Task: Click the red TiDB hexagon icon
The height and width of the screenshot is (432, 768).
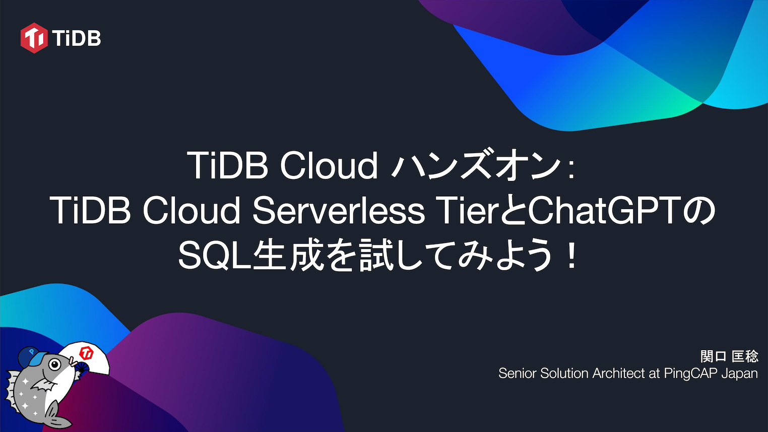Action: point(34,38)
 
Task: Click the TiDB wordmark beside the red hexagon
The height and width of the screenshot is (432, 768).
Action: point(77,38)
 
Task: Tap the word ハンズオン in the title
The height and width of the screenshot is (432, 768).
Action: point(476,165)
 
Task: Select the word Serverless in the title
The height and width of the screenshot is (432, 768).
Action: point(338,210)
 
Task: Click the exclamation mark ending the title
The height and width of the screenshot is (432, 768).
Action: point(570,255)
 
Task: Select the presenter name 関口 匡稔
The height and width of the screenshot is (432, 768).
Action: point(729,356)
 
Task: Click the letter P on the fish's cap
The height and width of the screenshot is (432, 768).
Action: point(32,351)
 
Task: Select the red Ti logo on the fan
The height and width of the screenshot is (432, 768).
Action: point(87,353)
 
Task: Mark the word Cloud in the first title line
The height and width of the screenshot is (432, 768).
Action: point(329,165)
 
